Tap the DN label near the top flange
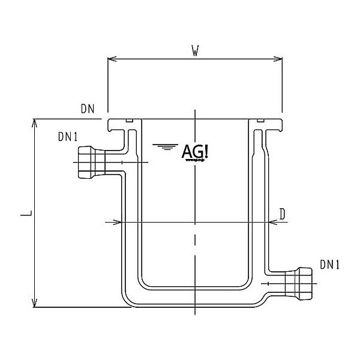[x=88, y=109]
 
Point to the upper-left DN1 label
[x=68, y=137]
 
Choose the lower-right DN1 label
[x=331, y=264]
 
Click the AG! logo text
[x=194, y=151]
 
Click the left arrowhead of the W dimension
[x=110, y=59]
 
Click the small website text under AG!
[x=194, y=161]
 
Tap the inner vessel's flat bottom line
[x=194, y=285]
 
